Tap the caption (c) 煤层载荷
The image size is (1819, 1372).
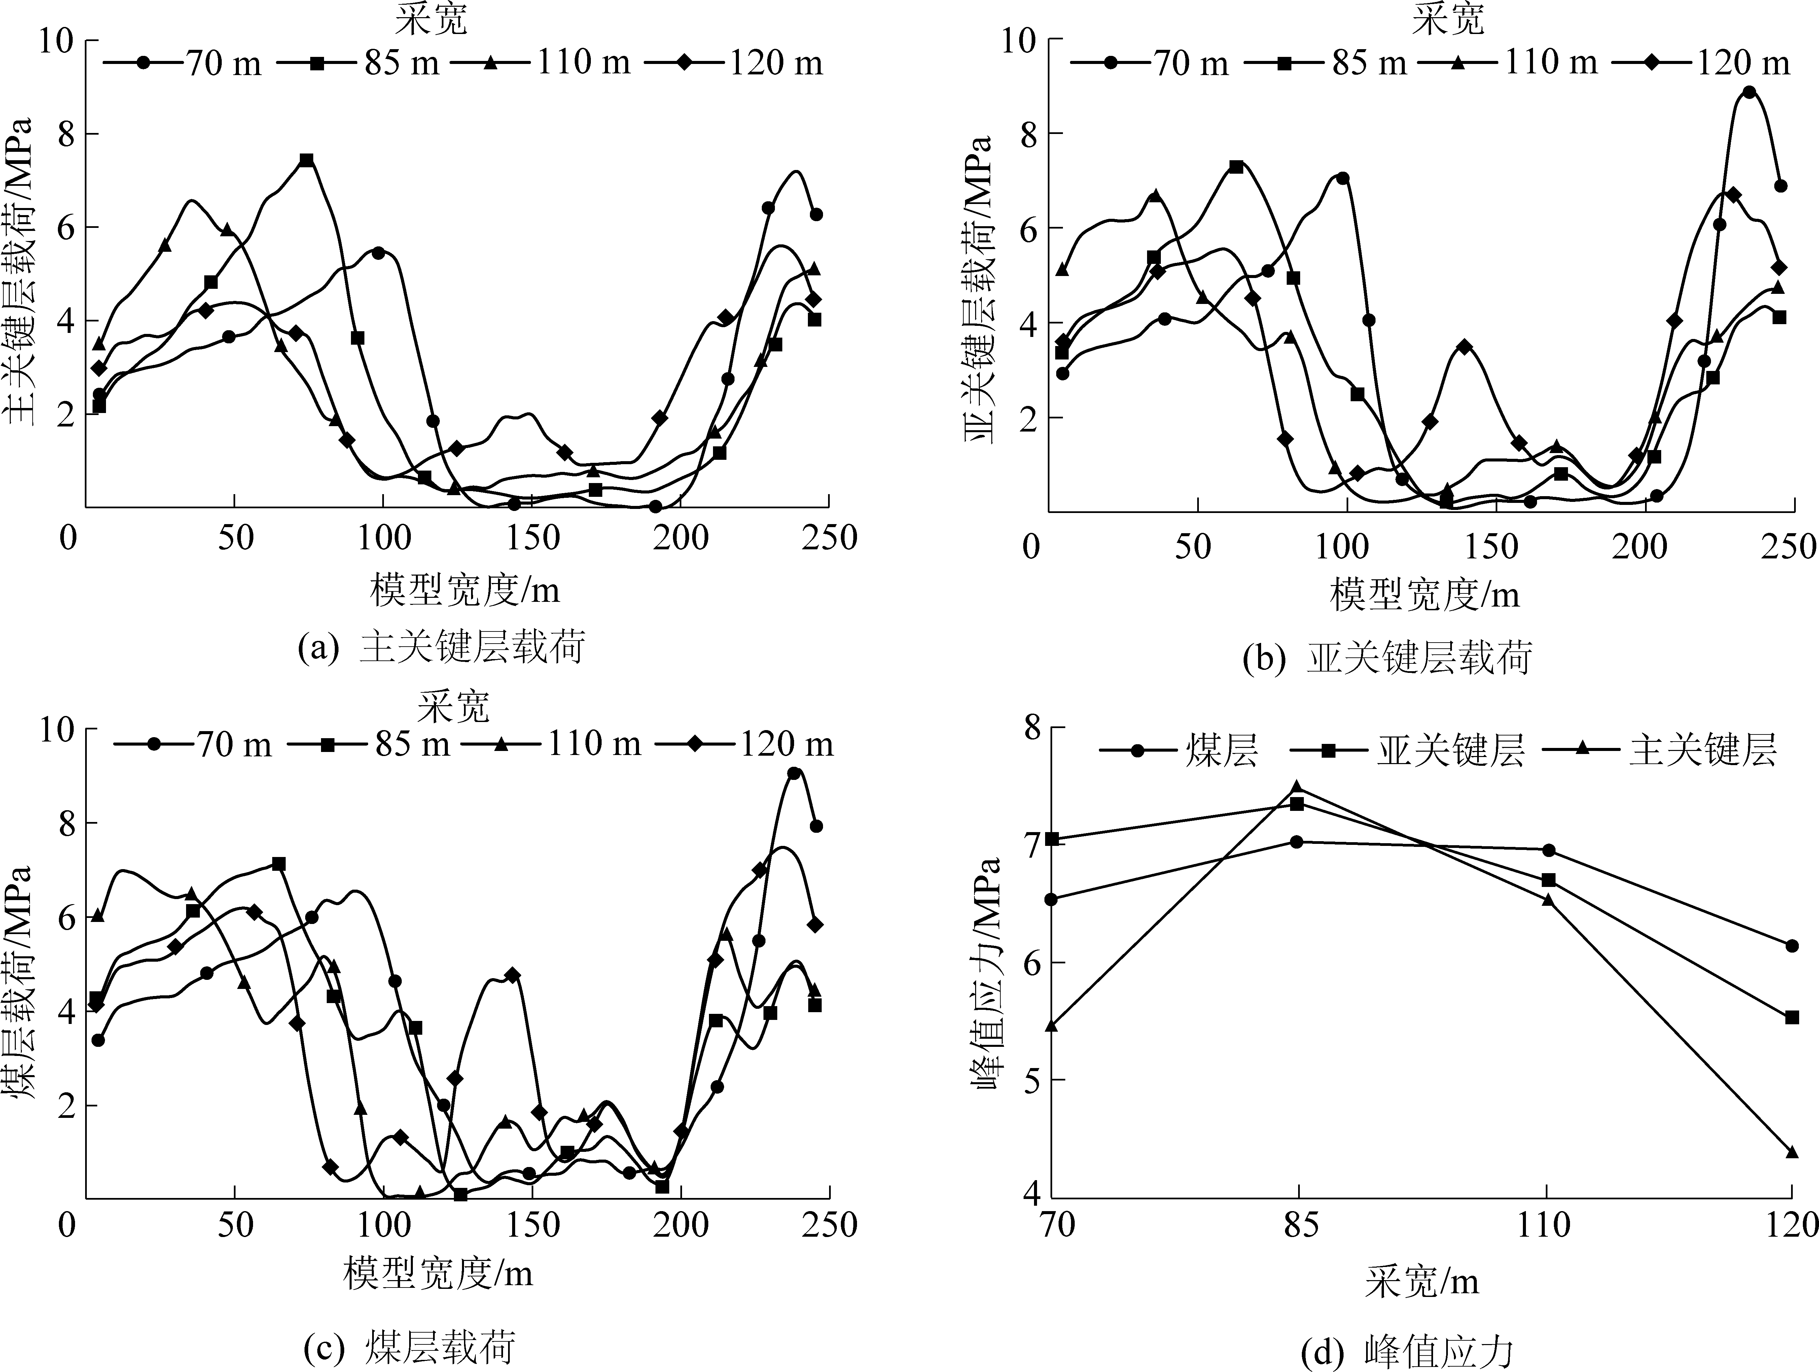click(x=409, y=1346)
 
